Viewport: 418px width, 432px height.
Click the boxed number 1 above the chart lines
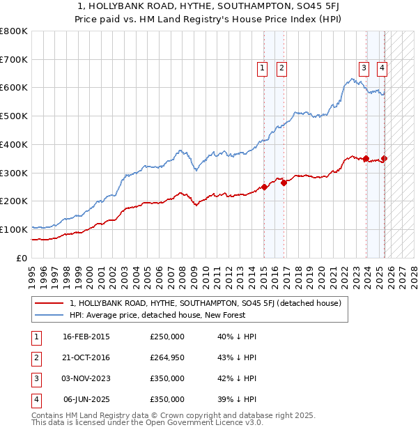tap(263, 68)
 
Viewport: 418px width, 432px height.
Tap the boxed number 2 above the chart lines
tap(281, 68)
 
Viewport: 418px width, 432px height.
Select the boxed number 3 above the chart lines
tap(364, 68)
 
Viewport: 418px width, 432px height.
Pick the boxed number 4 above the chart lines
tap(382, 68)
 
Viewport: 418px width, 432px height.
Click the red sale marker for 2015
tap(265, 187)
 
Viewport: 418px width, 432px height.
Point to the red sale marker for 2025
tap(385, 158)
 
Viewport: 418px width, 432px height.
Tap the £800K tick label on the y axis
tap(14, 31)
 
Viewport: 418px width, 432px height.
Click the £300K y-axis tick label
tap(14, 173)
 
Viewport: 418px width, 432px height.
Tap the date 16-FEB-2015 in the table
tap(86, 337)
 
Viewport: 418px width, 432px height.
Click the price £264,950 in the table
tap(167, 357)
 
